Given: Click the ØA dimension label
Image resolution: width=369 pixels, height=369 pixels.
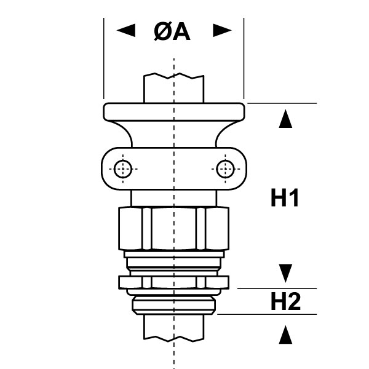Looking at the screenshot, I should [x=172, y=31].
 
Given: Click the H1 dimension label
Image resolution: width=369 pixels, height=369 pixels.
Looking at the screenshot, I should [x=285, y=199].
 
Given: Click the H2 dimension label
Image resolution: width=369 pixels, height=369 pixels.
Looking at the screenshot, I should [x=285, y=302].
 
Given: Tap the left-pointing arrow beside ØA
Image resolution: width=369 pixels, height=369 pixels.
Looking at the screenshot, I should [x=126, y=31].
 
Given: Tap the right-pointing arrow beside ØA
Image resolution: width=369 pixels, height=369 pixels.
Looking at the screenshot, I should [x=221, y=31].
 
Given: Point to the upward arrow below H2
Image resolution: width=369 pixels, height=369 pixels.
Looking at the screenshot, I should [x=284, y=335].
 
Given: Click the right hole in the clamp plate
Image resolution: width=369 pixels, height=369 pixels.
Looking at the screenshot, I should [x=226, y=168].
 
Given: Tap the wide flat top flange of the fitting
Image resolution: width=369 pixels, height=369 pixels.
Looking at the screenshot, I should [x=174, y=112].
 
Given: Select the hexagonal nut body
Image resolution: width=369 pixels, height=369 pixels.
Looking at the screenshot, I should [x=174, y=228].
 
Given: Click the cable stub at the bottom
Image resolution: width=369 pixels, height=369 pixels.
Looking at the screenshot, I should [x=174, y=327].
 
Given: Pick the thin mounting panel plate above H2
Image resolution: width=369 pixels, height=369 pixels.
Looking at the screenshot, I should [x=174, y=282].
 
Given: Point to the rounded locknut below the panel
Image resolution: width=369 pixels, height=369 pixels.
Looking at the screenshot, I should [x=174, y=302].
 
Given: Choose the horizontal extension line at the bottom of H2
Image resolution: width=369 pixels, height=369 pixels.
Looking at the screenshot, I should [x=271, y=314].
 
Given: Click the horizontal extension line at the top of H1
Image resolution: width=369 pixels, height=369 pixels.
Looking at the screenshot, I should [x=283, y=103].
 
